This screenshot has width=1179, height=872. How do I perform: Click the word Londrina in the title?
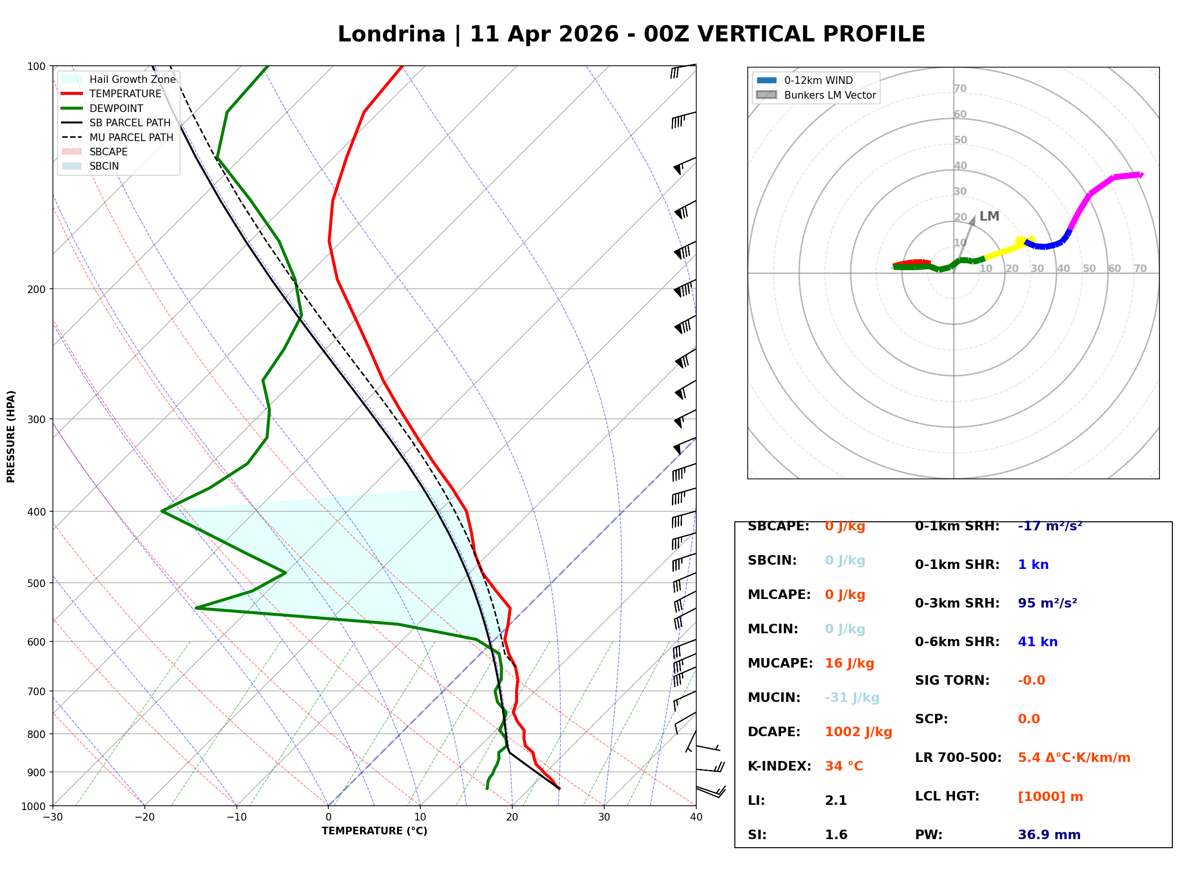(392, 34)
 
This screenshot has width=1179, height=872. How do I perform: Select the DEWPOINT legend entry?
(102, 108)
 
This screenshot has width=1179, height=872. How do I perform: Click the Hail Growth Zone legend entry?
(119, 79)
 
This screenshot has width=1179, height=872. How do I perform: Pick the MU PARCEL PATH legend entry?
(118, 137)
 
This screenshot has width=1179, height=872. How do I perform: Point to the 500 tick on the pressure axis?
(36, 583)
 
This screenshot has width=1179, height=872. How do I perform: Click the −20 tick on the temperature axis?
(144, 817)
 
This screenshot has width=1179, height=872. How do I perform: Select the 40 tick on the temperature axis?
(696, 817)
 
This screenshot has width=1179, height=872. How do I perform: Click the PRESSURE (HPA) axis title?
(11, 436)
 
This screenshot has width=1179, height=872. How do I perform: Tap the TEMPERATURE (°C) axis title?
(375, 831)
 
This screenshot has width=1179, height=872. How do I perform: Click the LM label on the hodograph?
(989, 216)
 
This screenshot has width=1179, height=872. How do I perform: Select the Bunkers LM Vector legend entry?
(816, 95)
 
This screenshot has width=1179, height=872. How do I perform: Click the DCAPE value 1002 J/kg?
(859, 732)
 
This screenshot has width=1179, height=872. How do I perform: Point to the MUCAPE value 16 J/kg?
(850, 663)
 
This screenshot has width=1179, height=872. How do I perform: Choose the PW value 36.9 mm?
(1049, 835)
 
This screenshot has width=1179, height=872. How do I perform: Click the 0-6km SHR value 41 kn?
(1037, 642)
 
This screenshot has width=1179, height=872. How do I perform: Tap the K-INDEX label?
(780, 766)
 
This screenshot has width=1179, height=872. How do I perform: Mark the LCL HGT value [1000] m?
(1050, 797)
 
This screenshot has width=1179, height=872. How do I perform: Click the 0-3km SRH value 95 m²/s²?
(1047, 603)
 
